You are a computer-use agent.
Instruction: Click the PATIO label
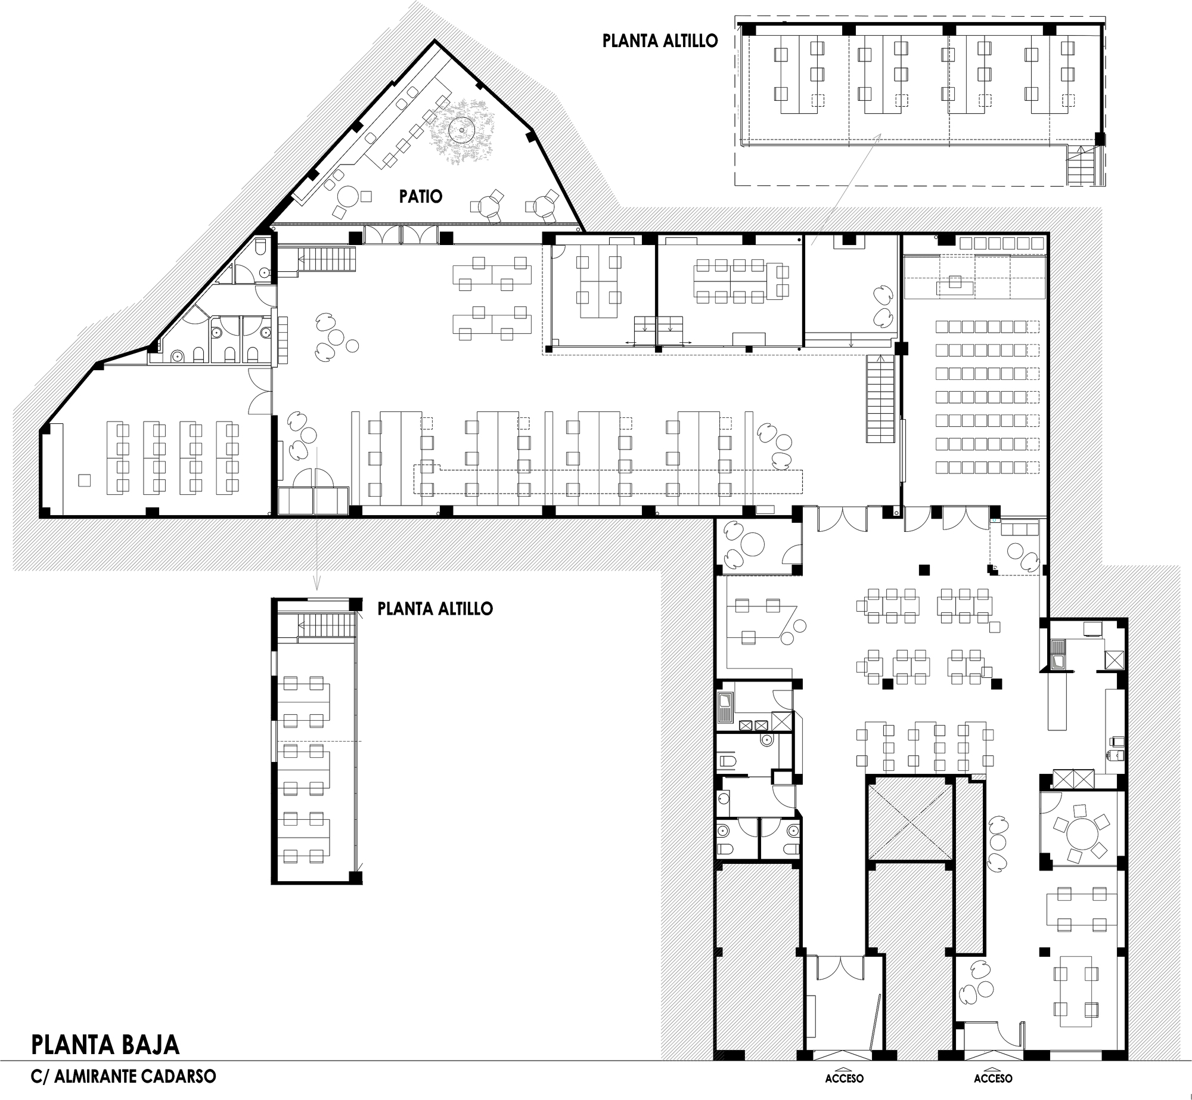point(421,196)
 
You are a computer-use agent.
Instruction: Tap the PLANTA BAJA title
point(105,1045)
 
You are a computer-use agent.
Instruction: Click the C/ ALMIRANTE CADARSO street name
point(123,1077)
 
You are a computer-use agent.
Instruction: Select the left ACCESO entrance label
point(844,1079)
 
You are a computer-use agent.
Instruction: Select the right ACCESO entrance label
point(993,1079)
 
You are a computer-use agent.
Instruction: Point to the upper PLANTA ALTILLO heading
point(660,41)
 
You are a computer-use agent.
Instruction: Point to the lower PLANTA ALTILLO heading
point(435,609)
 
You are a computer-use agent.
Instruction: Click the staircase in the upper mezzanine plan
point(1081,165)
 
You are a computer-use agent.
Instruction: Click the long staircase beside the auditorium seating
point(880,398)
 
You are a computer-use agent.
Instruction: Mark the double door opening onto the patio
point(401,234)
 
